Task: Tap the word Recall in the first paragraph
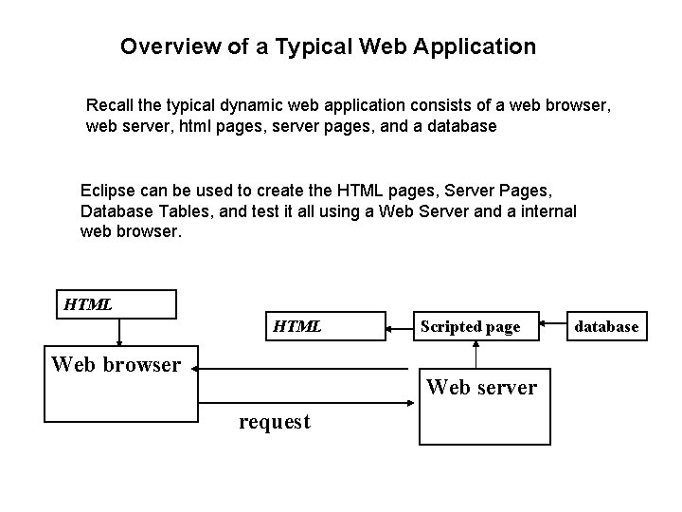point(112,103)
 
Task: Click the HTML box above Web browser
point(117,304)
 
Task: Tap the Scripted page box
point(470,327)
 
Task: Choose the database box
point(606,327)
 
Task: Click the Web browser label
point(116,364)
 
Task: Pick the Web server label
point(482,387)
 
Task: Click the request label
point(275,422)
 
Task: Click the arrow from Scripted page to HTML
point(401,327)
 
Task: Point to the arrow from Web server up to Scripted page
point(476,356)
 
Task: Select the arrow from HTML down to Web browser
point(117,332)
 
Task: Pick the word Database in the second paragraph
point(116,210)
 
